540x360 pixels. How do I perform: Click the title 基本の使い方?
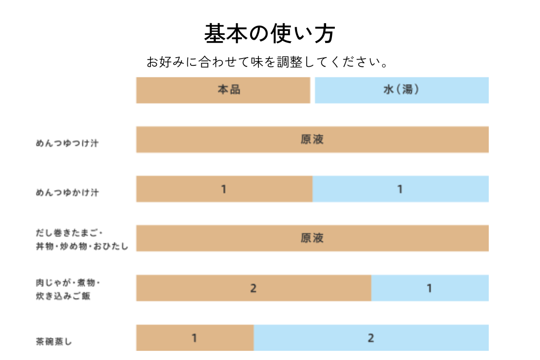(270, 34)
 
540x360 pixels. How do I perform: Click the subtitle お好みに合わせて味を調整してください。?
(269, 62)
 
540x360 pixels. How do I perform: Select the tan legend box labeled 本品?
(223, 90)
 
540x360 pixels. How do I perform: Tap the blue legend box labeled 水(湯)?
(402, 90)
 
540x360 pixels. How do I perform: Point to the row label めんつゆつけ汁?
(67, 143)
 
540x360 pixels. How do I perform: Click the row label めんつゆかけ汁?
(67, 193)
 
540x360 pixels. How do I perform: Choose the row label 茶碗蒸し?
(54, 341)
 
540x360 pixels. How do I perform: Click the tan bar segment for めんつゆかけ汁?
(224, 189)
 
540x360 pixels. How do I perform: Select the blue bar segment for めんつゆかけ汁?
(400, 189)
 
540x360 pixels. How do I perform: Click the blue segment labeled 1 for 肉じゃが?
(430, 288)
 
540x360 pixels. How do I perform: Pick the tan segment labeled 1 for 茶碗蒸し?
(195, 337)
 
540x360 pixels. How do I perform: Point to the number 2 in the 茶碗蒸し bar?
(371, 338)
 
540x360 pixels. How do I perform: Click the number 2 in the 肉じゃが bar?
(253, 288)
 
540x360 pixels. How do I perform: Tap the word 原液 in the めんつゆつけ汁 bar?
(312, 139)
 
